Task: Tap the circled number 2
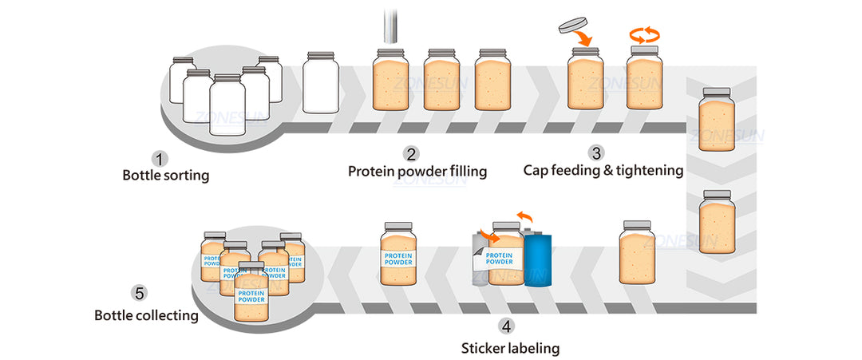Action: [x=411, y=153]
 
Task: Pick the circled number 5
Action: [x=140, y=294]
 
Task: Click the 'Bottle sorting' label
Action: [x=166, y=175]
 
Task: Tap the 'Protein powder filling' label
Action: [x=417, y=171]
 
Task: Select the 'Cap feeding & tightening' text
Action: [x=603, y=170]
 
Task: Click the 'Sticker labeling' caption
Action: [x=510, y=347]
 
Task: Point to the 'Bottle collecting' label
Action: [x=146, y=315]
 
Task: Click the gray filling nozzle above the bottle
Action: [x=391, y=23]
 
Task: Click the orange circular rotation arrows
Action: [x=646, y=34]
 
